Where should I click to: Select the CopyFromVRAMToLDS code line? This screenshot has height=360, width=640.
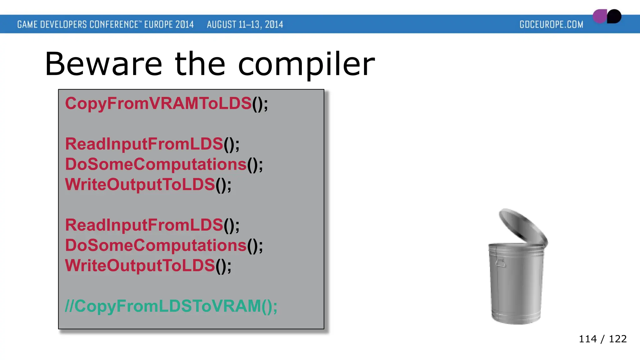tap(166, 103)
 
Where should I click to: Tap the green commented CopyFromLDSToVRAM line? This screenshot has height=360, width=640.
tap(171, 306)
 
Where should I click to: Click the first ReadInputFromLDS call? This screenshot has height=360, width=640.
tap(152, 144)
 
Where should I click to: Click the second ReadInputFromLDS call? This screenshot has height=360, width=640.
tap(152, 225)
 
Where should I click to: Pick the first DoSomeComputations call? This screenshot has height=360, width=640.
tap(164, 164)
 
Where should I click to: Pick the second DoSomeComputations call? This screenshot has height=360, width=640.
tap(164, 245)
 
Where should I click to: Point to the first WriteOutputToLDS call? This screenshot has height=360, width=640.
tap(148, 184)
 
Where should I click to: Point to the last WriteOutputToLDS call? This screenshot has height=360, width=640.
tap(148, 266)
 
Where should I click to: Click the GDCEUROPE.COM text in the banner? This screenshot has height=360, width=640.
tap(551, 24)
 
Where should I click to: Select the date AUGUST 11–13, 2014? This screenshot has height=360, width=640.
tap(245, 24)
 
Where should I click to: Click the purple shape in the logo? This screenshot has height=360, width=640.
tap(599, 17)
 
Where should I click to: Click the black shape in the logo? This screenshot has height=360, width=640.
tap(614, 16)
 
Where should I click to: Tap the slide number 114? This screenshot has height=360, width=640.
tap(587, 339)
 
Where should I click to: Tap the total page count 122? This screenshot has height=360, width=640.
tap(617, 339)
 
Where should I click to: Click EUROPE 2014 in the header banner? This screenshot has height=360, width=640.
tap(169, 24)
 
